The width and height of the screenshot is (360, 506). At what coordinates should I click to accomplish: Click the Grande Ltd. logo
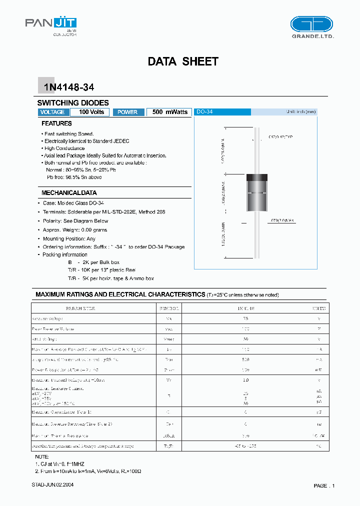[311, 26]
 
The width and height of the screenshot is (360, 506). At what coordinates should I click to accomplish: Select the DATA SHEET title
[183, 61]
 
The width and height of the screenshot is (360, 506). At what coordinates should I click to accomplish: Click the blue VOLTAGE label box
[52, 112]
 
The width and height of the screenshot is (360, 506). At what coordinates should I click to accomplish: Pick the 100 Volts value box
[91, 112]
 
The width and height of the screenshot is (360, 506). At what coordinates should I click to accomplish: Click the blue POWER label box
[127, 112]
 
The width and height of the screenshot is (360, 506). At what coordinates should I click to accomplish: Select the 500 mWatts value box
[169, 112]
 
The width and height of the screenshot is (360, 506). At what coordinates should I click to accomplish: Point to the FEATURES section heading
[56, 123]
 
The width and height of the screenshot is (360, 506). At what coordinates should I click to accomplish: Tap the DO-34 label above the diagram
[204, 112]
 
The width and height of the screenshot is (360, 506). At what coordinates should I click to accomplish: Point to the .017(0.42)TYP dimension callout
[281, 136]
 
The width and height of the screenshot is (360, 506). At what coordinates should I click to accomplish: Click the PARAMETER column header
[80, 308]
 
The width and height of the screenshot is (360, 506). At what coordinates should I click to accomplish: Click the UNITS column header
[318, 308]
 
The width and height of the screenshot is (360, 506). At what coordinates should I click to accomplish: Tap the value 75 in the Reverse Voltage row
[245, 318]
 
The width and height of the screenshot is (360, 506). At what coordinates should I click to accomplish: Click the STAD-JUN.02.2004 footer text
[52, 485]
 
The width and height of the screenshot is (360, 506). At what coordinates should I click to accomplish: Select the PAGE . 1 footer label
[324, 485]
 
